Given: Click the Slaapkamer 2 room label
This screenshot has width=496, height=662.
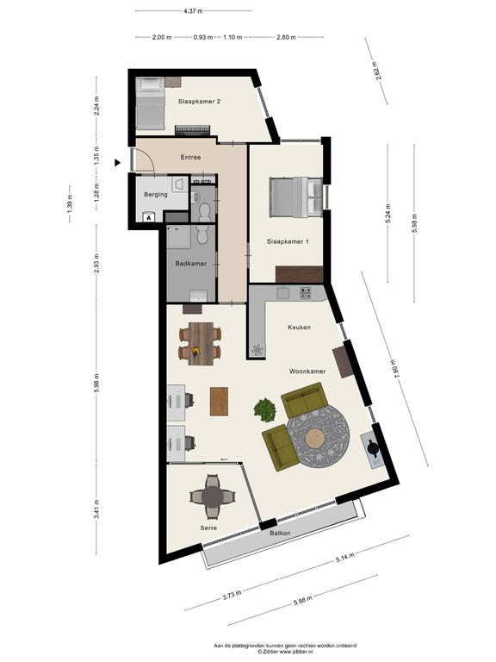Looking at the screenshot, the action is pos(199,102).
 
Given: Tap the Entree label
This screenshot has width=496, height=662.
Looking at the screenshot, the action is pos(190,157).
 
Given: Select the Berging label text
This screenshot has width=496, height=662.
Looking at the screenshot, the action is pos(156,195).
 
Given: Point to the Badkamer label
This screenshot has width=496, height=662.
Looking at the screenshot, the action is pos(190,264).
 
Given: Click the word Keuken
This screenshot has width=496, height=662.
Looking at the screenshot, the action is pos(299,328).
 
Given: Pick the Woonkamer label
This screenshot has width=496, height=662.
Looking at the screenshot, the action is pos(307,372).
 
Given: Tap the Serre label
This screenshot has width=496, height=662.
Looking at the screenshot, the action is pos(208,528).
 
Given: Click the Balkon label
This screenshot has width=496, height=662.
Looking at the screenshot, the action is pos(280,534).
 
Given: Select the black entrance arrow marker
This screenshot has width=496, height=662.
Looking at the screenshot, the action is pos(118,163).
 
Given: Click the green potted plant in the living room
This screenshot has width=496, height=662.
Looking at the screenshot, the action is pos(265,410).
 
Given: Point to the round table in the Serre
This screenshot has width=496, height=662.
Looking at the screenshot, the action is pos(212,496).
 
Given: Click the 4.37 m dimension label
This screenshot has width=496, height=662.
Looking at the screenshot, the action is pos(193,11).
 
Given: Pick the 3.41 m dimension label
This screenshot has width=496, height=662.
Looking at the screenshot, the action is pos(96,509).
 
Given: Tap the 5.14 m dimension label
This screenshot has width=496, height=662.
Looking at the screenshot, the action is pos(345,558).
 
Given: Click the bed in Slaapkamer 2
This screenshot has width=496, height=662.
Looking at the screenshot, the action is pos(150,103).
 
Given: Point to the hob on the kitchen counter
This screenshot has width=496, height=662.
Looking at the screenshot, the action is pos(306,293).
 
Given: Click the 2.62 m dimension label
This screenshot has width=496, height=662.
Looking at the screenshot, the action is pos(377,71).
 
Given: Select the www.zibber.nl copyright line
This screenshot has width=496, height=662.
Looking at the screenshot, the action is pos(285,652).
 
